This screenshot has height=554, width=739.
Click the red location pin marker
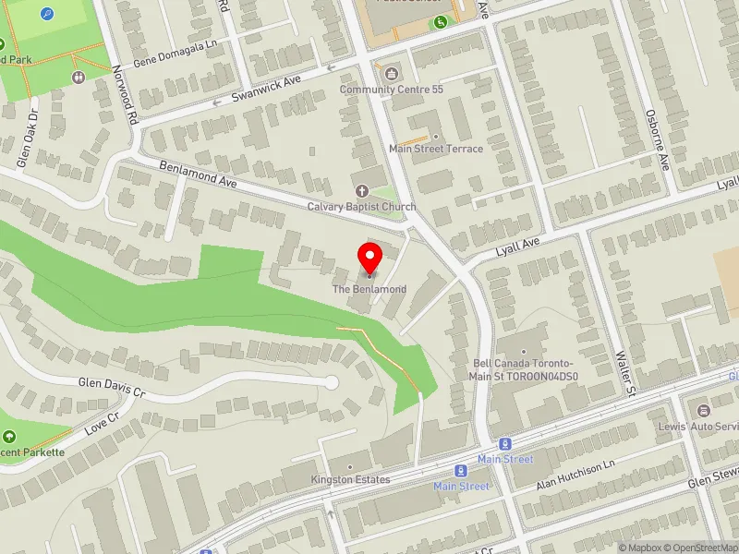370,259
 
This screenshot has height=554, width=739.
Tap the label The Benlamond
369,290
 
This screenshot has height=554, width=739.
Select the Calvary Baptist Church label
362,207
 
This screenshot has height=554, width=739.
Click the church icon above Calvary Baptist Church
362,191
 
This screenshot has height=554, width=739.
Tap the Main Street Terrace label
436,149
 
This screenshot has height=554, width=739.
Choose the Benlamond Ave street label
199,175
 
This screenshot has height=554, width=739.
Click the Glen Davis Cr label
113,386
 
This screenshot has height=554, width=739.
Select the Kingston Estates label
350,480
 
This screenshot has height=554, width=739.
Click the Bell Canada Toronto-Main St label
524,370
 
